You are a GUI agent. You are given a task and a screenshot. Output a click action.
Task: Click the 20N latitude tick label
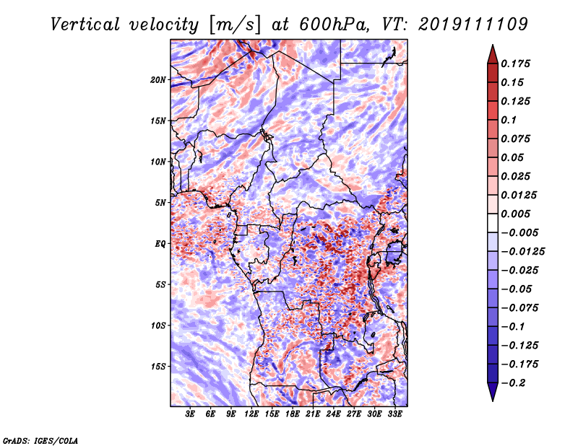pos(158,80)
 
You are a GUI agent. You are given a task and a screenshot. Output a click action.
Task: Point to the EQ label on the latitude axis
pos(160,244)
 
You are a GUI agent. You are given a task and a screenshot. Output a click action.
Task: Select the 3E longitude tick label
pos(190,414)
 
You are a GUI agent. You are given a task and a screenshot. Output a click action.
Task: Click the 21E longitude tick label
pos(313,414)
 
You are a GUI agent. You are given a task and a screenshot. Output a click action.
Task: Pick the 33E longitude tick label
pos(394,414)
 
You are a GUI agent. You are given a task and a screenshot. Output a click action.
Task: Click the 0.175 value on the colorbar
pos(515,64)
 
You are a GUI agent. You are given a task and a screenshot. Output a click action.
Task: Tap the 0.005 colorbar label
pos(515,214)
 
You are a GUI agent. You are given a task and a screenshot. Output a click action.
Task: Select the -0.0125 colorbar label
pos(522,252)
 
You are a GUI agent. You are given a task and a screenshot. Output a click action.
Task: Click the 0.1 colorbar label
pos(509,120)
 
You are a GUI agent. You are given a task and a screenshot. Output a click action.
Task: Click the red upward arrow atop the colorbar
pos(493,54)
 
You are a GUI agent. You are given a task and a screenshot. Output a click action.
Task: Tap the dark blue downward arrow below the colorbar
pos(493,391)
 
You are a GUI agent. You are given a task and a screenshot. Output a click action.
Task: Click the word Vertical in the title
pos(85,25)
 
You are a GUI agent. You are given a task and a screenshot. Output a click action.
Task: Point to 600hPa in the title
pos(334,25)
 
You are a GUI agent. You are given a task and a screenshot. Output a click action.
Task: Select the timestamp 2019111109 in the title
pos(473,25)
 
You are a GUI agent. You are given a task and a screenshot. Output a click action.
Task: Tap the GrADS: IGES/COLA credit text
pos(40,441)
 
